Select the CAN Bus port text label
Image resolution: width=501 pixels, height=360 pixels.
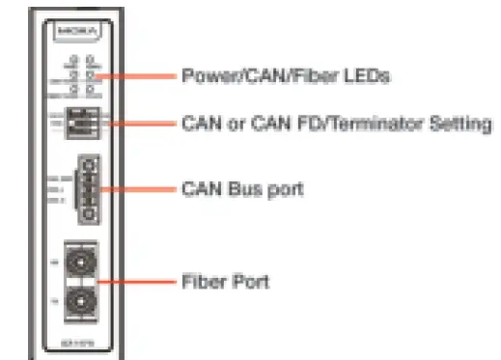tap(241, 188)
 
